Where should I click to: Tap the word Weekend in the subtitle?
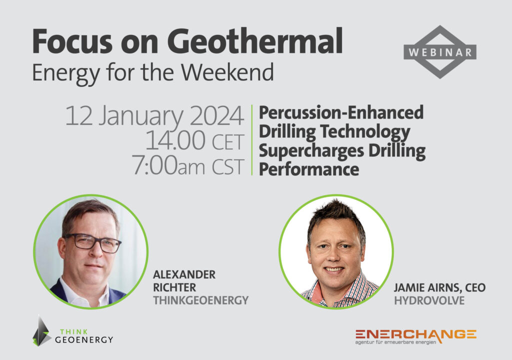tap(227, 72)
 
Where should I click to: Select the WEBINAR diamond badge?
tap(440, 52)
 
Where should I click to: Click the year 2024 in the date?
tap(216, 115)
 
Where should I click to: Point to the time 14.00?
tap(175, 140)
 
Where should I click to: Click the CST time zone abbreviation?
tap(228, 166)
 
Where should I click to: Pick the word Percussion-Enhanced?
tap(341, 112)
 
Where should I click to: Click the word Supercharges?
tap(311, 151)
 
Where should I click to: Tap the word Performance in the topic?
tap(309, 169)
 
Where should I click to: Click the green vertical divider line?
tap(252, 140)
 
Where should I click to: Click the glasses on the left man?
tap(93, 243)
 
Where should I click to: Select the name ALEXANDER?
tap(184, 274)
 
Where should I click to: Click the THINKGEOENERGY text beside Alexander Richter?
tap(201, 300)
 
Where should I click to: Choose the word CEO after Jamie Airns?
tap(475, 287)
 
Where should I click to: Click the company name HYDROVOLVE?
tap(429, 300)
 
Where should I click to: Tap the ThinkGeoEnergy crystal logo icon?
tap(41, 331)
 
